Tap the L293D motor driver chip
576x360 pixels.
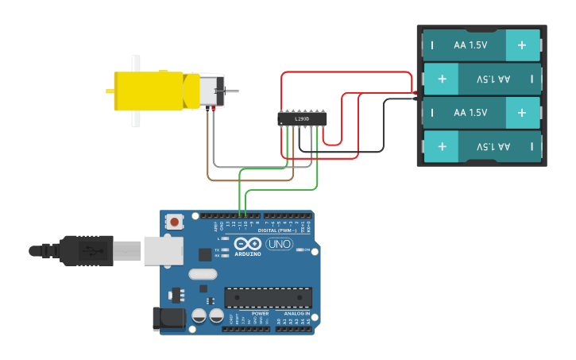pyautogui.click(x=302, y=118)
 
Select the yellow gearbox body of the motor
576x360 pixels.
pyautogui.click(x=151, y=90)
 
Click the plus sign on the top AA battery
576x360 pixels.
pyautogui.click(x=522, y=45)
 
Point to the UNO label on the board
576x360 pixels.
pyautogui.click(x=280, y=244)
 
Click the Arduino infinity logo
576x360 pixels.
pyautogui.click(x=248, y=244)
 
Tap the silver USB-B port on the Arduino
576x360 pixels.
pyautogui.click(x=164, y=250)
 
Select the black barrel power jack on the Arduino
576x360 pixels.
pyautogui.click(x=169, y=319)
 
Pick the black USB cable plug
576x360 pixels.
pyautogui.click(x=87, y=250)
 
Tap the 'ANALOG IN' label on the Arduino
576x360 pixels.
pyautogui.click(x=297, y=314)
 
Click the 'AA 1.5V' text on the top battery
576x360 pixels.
pyautogui.click(x=470, y=45)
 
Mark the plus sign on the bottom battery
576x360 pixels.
pyautogui.click(x=441, y=146)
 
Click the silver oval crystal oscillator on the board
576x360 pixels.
pyautogui.click(x=203, y=274)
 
